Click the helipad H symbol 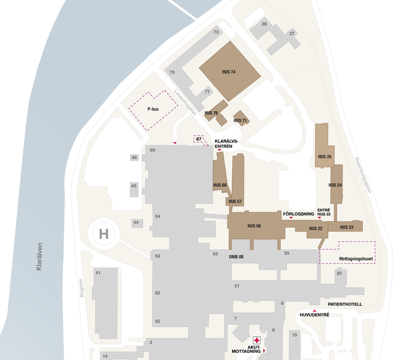point(104,233)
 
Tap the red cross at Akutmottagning point(257,340)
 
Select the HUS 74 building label point(229,72)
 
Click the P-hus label point(153,109)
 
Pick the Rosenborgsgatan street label point(364,178)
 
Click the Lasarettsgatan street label point(185,103)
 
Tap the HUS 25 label point(324,157)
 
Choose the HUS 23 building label point(347,227)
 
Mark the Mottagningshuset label point(356,259)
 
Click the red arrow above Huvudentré point(314,311)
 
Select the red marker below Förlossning point(291,218)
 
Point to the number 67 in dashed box point(199,139)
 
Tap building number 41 point(98,273)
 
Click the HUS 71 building point(240,120)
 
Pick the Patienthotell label point(344,304)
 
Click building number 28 point(264,24)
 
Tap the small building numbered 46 point(134,158)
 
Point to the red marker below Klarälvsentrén point(219,151)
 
